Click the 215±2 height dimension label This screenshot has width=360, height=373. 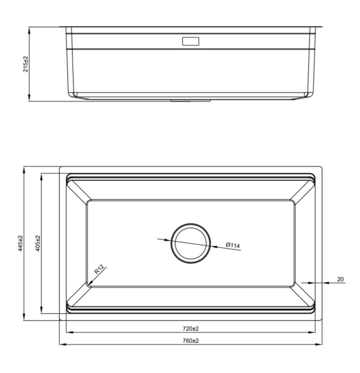pyautogui.click(x=26, y=64)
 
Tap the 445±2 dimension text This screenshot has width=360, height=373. pyautogui.click(x=20, y=244)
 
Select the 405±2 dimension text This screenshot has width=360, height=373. pyautogui.click(x=37, y=244)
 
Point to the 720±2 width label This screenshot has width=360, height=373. pyautogui.click(x=191, y=328)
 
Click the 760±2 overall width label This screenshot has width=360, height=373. pyautogui.click(x=191, y=341)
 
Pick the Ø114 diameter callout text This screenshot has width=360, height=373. pyautogui.click(x=232, y=245)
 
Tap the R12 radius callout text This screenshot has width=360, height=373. pyautogui.click(x=99, y=269)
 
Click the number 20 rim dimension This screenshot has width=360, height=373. pyautogui.click(x=340, y=279)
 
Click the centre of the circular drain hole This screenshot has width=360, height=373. pyautogui.click(x=191, y=244)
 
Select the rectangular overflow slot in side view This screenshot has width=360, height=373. pyautogui.click(x=191, y=41)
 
